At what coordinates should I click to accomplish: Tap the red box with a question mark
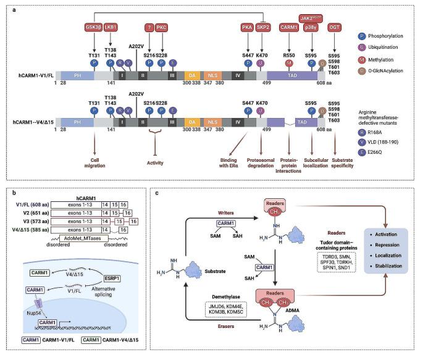click(x=149, y=27)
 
